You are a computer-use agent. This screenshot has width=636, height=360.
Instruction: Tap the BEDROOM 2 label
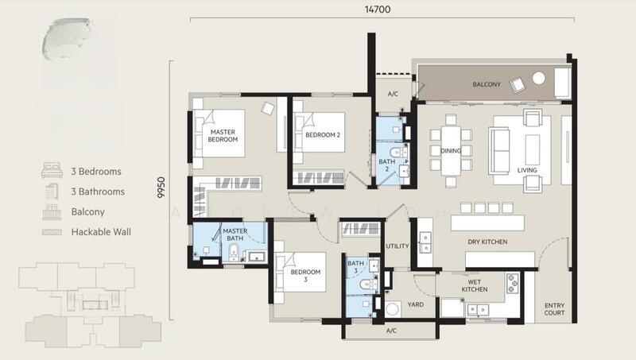tap(322, 135)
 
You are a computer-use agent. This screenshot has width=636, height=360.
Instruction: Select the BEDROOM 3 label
tap(305, 276)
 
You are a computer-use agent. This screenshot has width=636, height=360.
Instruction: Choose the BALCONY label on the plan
tap(487, 84)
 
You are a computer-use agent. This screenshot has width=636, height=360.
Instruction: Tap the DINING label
tap(452, 149)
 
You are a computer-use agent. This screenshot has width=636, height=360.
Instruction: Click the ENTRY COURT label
tap(554, 309)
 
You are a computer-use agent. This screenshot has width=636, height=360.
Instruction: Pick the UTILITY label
tap(397, 246)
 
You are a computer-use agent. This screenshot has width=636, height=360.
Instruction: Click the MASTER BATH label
tap(235, 234)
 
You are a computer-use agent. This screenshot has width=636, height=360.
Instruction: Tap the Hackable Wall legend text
tap(102, 232)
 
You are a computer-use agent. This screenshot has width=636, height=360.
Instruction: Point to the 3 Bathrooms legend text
tap(98, 192)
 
